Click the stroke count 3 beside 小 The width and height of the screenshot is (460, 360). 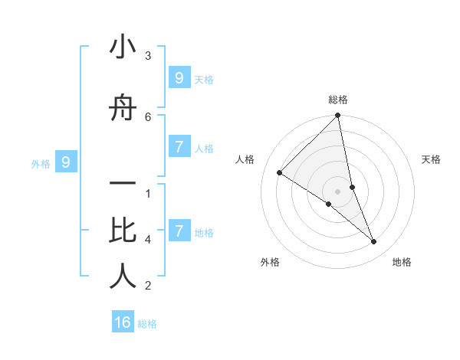148,56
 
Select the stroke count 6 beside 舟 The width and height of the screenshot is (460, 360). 148,116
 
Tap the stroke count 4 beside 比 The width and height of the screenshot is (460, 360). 148,240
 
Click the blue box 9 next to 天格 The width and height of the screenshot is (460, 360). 179,78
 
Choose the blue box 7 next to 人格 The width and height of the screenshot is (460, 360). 179,147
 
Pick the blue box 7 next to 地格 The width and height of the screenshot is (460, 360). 179,231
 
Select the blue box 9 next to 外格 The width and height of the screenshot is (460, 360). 66,162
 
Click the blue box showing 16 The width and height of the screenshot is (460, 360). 123,322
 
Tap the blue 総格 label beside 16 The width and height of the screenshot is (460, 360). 148,324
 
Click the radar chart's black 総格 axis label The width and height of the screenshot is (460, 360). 338,100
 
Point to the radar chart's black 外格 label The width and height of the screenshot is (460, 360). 270,262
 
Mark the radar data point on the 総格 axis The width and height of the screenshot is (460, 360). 338,116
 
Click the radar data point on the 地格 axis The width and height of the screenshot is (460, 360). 374,241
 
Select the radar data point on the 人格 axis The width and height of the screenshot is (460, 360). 280,172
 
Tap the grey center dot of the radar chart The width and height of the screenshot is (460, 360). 338,191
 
